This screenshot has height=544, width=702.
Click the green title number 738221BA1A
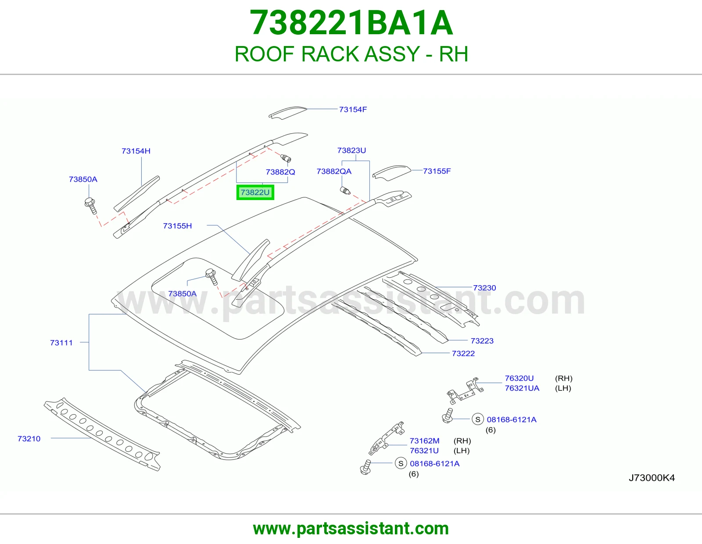pyautogui.click(x=351, y=23)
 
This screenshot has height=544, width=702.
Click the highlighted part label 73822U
pyautogui.click(x=255, y=193)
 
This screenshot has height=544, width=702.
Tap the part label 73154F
pyautogui.click(x=353, y=110)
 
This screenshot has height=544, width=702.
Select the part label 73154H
pyautogui.click(x=136, y=151)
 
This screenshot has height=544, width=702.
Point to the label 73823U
pyautogui.click(x=351, y=150)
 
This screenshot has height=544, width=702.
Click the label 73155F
pyautogui.click(x=437, y=171)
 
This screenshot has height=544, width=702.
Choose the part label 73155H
pyautogui.click(x=177, y=226)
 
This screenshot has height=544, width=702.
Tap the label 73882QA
pyautogui.click(x=334, y=171)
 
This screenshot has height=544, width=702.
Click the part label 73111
pyautogui.click(x=61, y=343)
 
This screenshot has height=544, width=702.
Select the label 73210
pyautogui.click(x=29, y=439)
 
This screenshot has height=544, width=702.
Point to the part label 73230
pyautogui.click(x=484, y=287)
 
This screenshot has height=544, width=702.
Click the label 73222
pyautogui.click(x=463, y=354)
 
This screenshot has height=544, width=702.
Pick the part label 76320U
pyautogui.click(x=519, y=378)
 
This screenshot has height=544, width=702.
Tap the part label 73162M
pyautogui.click(x=425, y=440)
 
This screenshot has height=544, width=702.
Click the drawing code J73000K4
pyautogui.click(x=652, y=478)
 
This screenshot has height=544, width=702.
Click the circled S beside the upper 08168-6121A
pyautogui.click(x=478, y=419)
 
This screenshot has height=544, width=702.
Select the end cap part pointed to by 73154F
pyautogui.click(x=287, y=113)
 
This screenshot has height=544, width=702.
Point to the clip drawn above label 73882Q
pyautogui.click(x=286, y=158)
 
